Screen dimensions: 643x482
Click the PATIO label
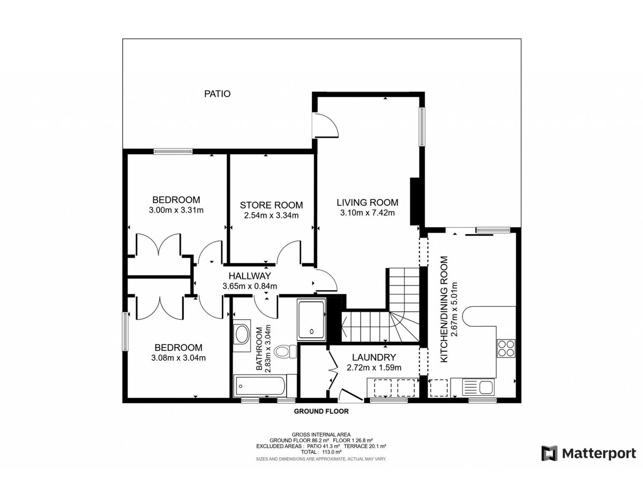[217, 94]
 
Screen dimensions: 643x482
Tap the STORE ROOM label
[271, 205]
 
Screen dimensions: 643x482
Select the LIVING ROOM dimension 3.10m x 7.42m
[367, 213]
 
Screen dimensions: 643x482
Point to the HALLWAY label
[250, 276]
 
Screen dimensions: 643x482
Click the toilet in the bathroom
[285, 351]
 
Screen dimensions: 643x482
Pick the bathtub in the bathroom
[260, 386]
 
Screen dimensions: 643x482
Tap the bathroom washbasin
[242, 335]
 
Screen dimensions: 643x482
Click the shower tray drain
[312, 332]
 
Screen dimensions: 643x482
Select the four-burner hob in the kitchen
[506, 348]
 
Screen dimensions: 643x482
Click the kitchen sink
[477, 387]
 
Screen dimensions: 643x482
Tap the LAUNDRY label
[373, 357]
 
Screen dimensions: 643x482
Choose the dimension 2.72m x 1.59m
[374, 367]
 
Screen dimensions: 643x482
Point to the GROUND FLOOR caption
[321, 411]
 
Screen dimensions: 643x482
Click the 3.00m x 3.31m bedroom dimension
[176, 210]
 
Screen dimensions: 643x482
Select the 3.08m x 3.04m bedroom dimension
[178, 358]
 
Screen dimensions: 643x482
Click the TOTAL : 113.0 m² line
[321, 452]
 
